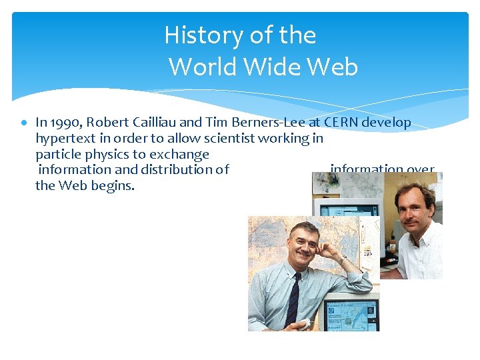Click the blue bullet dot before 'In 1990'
coord(23,123)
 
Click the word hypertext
coord(63,139)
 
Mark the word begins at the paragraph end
coord(115,185)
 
